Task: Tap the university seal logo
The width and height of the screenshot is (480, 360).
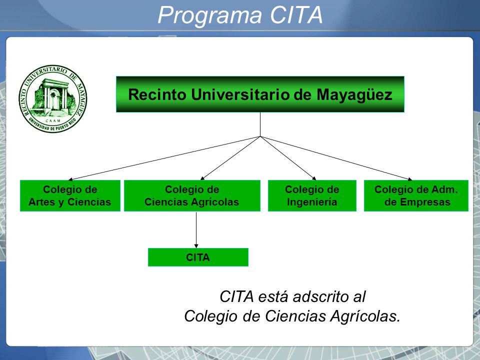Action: pos(52,98)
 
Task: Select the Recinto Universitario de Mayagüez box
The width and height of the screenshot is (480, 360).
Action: pos(260,94)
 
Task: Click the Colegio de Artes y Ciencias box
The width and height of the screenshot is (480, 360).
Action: pos(70,195)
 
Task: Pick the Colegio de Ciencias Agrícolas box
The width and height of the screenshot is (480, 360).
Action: pos(192,195)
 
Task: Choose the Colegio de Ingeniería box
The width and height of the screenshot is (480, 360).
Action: pos(312,195)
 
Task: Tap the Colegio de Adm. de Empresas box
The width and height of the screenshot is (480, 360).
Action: pos(416,195)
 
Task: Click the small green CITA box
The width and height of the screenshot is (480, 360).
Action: pos(198,257)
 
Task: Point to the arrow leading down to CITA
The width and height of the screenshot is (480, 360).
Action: pos(196,230)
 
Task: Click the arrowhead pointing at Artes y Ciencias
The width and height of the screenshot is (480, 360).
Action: pos(70,179)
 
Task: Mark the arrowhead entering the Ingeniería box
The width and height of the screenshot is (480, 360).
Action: pos(314,178)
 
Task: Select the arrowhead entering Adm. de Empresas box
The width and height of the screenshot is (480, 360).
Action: pos(410,179)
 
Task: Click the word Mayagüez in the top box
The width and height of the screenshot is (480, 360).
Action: pos(354,94)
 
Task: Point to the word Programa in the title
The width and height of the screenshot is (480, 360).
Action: pos(210,16)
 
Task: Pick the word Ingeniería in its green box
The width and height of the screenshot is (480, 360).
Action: pos(312,202)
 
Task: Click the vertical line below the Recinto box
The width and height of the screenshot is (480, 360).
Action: pos(260,124)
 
